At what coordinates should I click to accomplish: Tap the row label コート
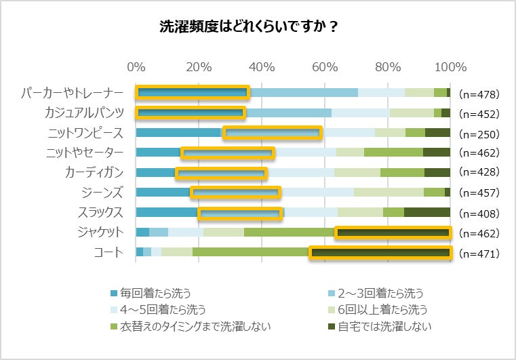coord(109,252)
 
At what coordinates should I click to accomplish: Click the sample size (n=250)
coord(479,134)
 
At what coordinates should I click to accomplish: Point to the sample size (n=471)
coord(479,254)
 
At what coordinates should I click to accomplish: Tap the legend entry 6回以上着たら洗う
coord(384,311)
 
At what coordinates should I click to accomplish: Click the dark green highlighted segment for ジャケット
coord(393,233)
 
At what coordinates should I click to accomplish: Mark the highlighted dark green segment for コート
coord(380,253)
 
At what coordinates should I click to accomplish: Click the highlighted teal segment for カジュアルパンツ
coord(191,113)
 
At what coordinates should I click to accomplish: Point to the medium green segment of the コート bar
coord(251,253)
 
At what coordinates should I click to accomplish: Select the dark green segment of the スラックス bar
coord(427,212)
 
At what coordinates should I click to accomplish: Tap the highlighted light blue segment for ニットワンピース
coord(272,133)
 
